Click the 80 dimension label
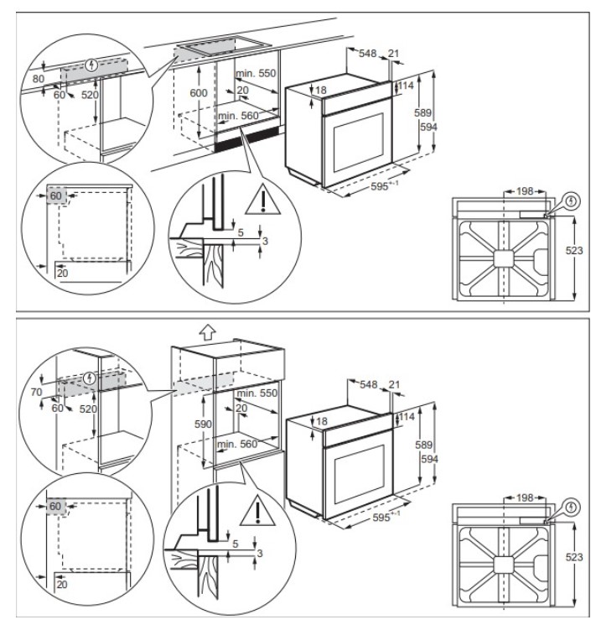[x=39, y=79]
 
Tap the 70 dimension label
[x=36, y=393]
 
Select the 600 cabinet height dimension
[x=199, y=93]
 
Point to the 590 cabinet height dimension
[x=203, y=424]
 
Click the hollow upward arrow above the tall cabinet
[x=208, y=331]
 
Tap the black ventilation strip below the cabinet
[x=247, y=140]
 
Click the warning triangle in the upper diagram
[x=263, y=200]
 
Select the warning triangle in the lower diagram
[x=257, y=511]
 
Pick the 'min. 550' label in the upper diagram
[x=256, y=73]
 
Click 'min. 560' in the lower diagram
[x=237, y=444]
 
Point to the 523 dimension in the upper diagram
[x=574, y=250]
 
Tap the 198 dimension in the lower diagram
[x=525, y=497]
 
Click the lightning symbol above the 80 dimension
[x=92, y=64]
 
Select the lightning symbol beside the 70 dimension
[x=90, y=378]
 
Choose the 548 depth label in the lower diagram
[x=369, y=384]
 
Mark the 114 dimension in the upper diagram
[x=406, y=86]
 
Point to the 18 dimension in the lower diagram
[x=322, y=421]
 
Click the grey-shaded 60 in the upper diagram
[x=56, y=195]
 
